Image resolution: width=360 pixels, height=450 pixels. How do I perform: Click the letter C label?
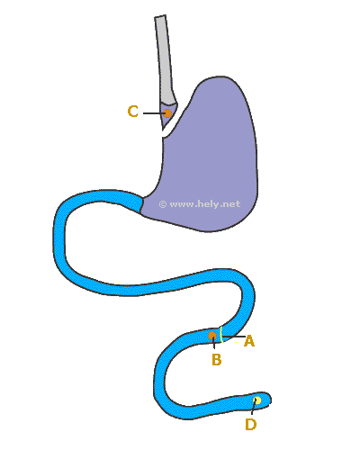133,112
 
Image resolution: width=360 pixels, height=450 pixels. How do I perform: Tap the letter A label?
249,341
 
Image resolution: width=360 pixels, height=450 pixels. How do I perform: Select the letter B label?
217,359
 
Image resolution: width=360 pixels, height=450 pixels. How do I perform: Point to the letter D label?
251,425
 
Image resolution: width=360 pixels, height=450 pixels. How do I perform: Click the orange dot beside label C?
167,113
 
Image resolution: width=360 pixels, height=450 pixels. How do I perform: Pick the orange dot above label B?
212,336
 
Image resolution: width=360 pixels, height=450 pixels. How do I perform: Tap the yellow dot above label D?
257,400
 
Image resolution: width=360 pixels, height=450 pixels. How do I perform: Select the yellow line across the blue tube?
221,334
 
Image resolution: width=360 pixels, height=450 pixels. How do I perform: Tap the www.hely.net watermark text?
205,204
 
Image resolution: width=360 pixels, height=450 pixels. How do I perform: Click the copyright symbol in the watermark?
163,204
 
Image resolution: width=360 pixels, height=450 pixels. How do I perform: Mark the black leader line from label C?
154,113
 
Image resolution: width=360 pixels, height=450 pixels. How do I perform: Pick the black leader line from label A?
234,337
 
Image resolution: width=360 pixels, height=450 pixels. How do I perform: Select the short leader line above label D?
253,408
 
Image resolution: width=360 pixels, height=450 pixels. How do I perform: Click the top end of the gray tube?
160,16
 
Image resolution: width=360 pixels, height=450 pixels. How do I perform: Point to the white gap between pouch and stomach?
175,120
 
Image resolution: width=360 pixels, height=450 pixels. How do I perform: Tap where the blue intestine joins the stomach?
141,204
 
